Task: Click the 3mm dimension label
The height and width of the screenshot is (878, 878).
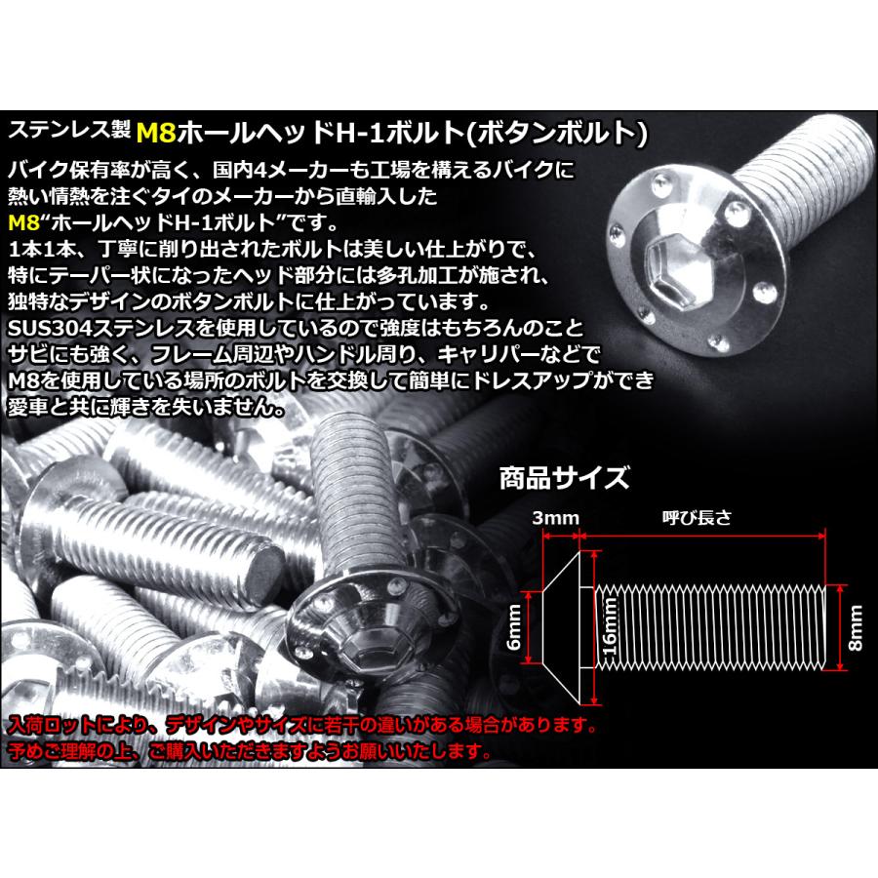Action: (x=557, y=517)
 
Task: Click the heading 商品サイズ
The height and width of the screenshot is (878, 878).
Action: (x=564, y=479)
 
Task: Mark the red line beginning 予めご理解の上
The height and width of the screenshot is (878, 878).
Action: (x=249, y=751)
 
